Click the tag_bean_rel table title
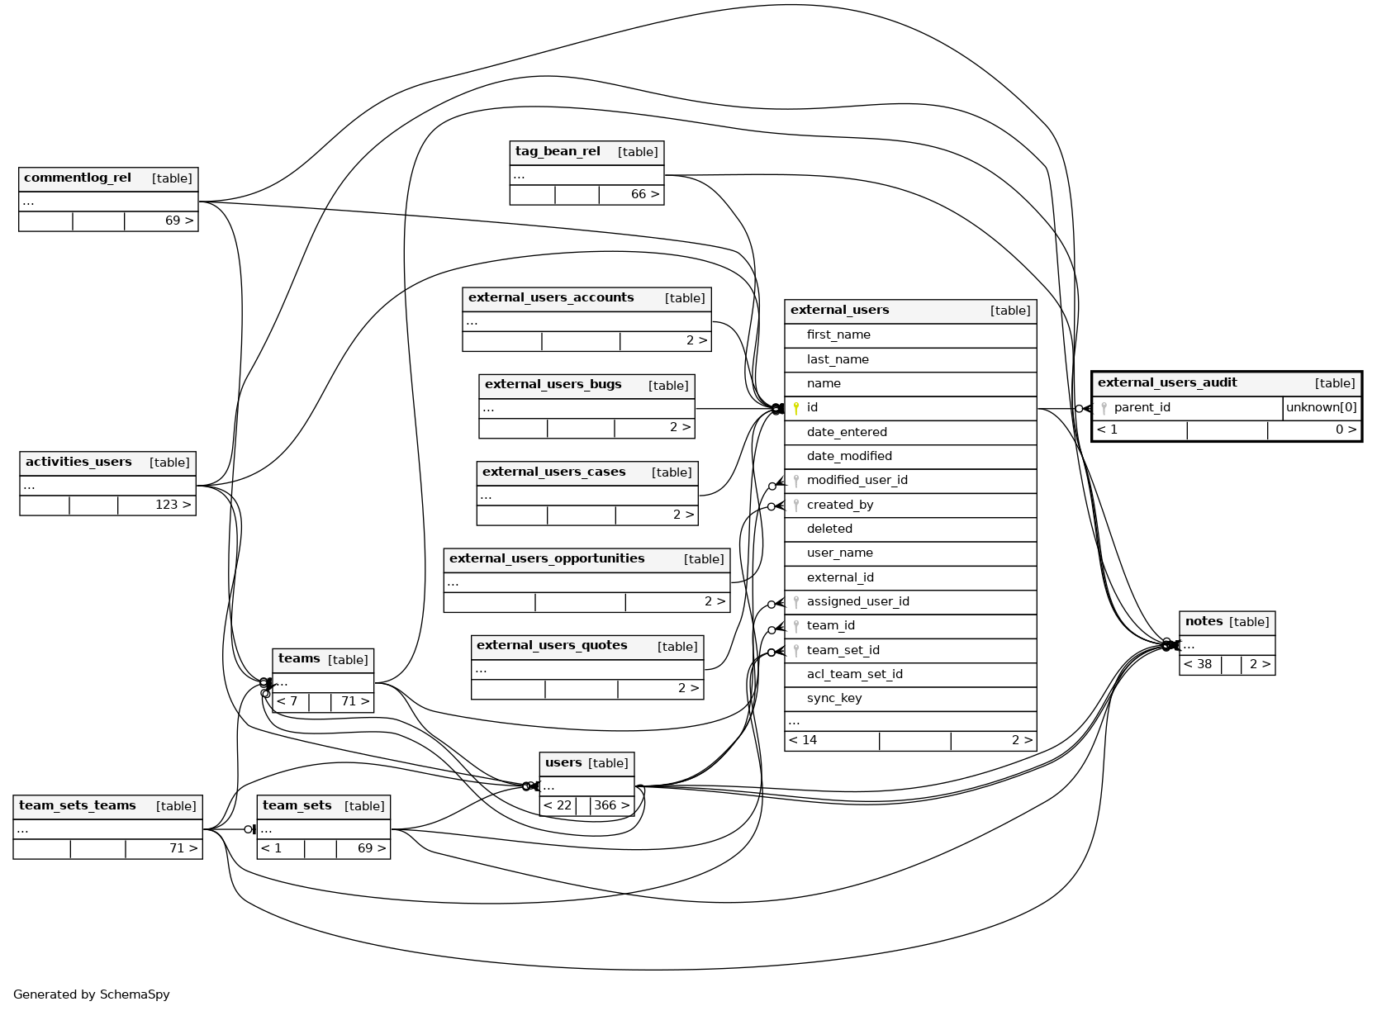[558, 152]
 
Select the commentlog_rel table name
[78, 178]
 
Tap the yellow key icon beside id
[796, 408]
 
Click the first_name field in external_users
[838, 335]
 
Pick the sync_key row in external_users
[834, 699]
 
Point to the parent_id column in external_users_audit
[1142, 408]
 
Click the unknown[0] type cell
[1321, 408]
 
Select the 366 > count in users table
[611, 806]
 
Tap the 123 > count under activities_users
[173, 505]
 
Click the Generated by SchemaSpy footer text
[92, 994]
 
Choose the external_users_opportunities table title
[547, 559]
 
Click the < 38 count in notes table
[1198, 665]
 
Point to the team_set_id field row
[843, 651]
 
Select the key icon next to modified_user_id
[796, 481]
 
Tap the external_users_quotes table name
[552, 646]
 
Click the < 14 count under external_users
[803, 741]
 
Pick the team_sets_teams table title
[78, 806]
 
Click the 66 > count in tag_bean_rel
[645, 195]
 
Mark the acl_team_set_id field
[854, 675]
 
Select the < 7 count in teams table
[287, 702]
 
